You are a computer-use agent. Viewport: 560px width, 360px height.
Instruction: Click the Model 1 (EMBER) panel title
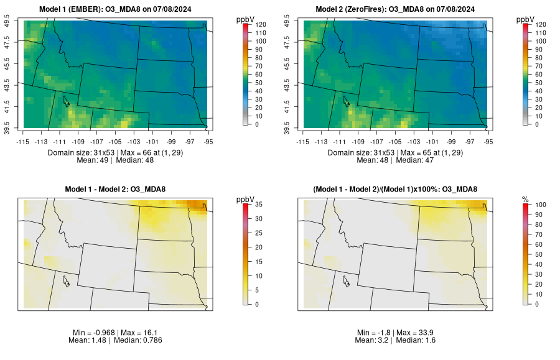coord(118,9)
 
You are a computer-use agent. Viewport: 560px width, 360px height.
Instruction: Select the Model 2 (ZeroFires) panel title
coord(397,9)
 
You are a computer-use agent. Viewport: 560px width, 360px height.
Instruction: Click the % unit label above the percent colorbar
coord(525,199)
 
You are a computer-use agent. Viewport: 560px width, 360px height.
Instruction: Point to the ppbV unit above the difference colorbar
coord(245,199)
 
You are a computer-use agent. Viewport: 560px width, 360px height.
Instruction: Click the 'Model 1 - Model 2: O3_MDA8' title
coord(118,189)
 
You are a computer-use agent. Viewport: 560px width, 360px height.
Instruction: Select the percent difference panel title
coord(397,189)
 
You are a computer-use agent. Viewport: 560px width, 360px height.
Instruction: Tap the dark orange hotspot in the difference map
coord(198,205)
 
